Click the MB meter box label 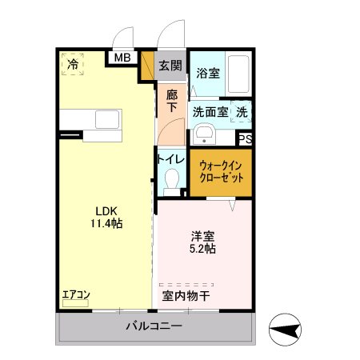pyautogui.click(x=122, y=58)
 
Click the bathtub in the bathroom pyautogui.click(x=238, y=74)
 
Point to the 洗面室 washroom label pyautogui.click(x=210, y=114)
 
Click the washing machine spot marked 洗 pyautogui.click(x=242, y=114)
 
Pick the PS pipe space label pyautogui.click(x=246, y=139)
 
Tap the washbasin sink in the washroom pyautogui.click(x=205, y=134)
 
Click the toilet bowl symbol pyautogui.click(x=170, y=183)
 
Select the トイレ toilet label pyautogui.click(x=171, y=159)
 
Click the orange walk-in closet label pyautogui.click(x=221, y=170)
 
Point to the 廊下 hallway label pyautogui.click(x=172, y=101)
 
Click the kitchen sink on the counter pyautogui.click(x=106, y=120)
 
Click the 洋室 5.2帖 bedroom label pyautogui.click(x=203, y=242)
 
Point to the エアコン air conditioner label pyautogui.click(x=76, y=295)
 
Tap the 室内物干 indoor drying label pyautogui.click(x=186, y=295)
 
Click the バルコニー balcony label pyautogui.click(x=154, y=327)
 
